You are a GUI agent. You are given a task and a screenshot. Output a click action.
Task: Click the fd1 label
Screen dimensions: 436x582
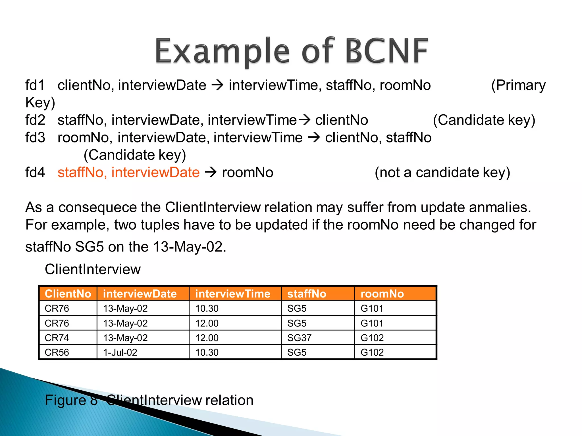click(35, 85)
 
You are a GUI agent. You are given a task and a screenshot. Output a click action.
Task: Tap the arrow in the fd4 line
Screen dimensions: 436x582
click(211, 172)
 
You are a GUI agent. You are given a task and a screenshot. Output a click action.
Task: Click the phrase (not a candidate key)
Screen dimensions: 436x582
click(442, 173)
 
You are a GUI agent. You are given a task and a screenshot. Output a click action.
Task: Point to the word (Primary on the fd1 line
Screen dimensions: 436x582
click(518, 85)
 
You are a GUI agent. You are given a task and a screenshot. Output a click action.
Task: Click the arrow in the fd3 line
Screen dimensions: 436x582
click(314, 138)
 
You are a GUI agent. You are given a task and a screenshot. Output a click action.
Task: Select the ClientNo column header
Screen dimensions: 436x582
click(68, 294)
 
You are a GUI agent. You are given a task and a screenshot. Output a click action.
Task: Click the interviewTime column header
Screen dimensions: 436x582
click(232, 294)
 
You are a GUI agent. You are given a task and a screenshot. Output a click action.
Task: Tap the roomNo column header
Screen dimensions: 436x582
click(382, 294)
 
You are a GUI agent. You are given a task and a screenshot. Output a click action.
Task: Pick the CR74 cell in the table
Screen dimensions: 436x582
click(57, 338)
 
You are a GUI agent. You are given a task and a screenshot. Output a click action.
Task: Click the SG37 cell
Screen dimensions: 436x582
click(299, 338)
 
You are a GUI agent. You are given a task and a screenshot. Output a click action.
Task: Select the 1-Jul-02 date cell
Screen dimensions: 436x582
click(120, 352)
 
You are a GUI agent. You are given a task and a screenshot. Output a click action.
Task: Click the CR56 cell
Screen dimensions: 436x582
click(57, 352)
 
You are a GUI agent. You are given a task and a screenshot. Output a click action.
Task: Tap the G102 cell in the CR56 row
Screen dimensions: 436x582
click(372, 352)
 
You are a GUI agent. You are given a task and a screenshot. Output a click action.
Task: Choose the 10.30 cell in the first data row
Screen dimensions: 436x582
click(207, 308)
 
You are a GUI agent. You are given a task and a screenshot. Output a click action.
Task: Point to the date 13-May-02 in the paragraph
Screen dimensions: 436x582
click(189, 247)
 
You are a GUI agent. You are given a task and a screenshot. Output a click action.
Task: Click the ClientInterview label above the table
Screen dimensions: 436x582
click(93, 269)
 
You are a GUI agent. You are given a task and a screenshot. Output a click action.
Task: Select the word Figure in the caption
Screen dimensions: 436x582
click(65, 400)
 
